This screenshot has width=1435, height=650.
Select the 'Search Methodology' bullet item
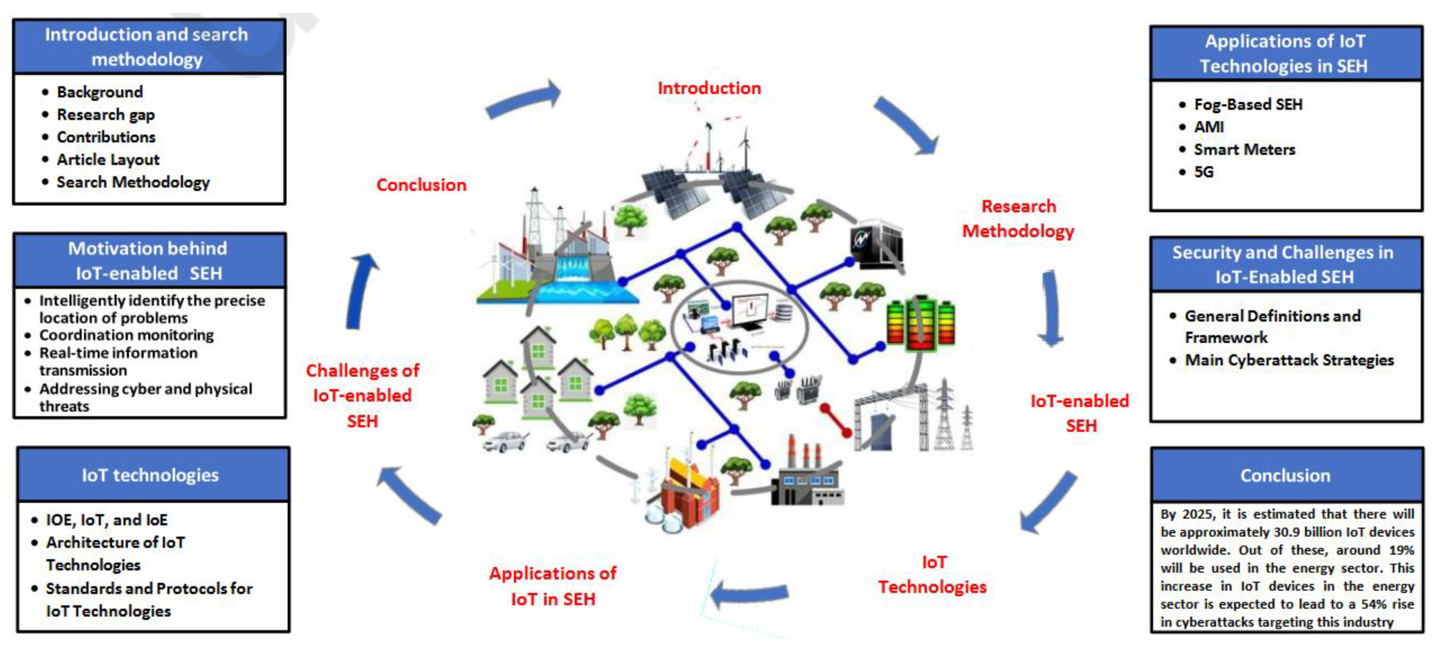133,182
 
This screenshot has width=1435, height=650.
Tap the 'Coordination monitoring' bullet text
126,335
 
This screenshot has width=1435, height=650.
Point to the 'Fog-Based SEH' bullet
1248,104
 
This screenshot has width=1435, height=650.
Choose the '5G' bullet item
1203,172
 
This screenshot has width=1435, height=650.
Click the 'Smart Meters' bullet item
1244,149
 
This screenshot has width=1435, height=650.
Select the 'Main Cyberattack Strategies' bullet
1289,360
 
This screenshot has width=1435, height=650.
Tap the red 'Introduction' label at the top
709,88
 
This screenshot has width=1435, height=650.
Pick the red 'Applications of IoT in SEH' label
553,586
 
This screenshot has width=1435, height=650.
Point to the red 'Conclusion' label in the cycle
421,185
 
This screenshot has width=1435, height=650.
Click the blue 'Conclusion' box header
1286,475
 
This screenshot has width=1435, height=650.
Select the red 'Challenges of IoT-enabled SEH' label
362,395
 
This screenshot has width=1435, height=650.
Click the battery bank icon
920,323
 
